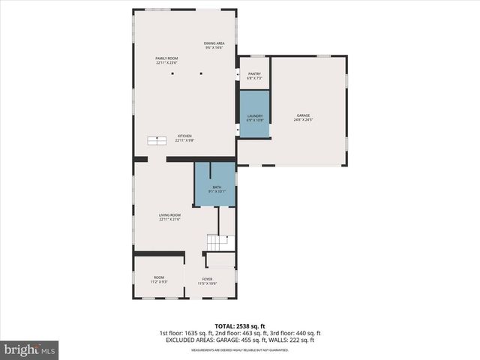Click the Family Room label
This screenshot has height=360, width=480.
coord(166,60)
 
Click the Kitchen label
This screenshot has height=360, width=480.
coord(184,137)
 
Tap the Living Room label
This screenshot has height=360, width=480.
coord(169,217)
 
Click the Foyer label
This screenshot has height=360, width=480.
coord(207,280)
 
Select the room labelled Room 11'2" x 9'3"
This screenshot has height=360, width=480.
coord(159,279)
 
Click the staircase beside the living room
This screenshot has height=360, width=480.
coord(216,242)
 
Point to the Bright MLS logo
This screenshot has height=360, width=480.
coord(30,349)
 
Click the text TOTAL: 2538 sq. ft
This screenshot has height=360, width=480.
coord(240,326)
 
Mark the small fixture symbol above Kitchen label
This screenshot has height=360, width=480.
coord(157,140)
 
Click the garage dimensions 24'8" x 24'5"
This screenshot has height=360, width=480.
coord(303,120)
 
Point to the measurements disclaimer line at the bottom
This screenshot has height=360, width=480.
coord(240,349)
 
